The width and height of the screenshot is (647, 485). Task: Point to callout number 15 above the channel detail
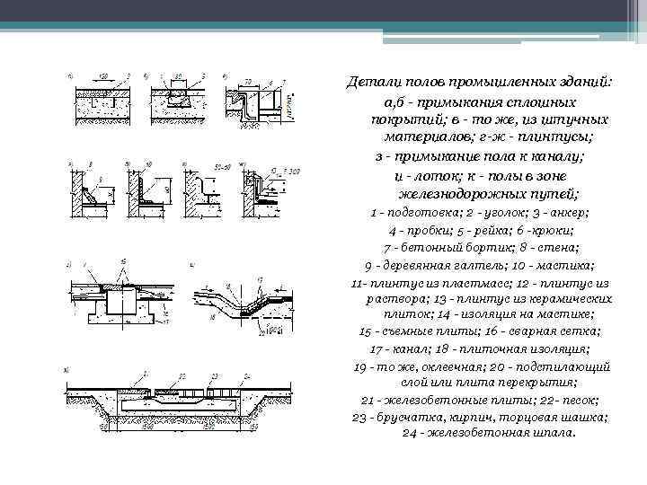124,260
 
